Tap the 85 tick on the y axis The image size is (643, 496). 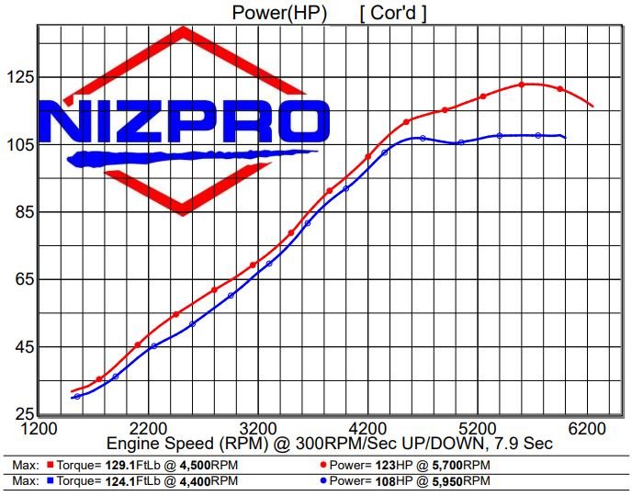(21, 213)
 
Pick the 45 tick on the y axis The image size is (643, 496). (21, 347)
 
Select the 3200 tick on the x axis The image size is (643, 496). (258, 428)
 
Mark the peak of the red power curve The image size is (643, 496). (522, 84)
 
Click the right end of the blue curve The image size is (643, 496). (565, 138)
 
